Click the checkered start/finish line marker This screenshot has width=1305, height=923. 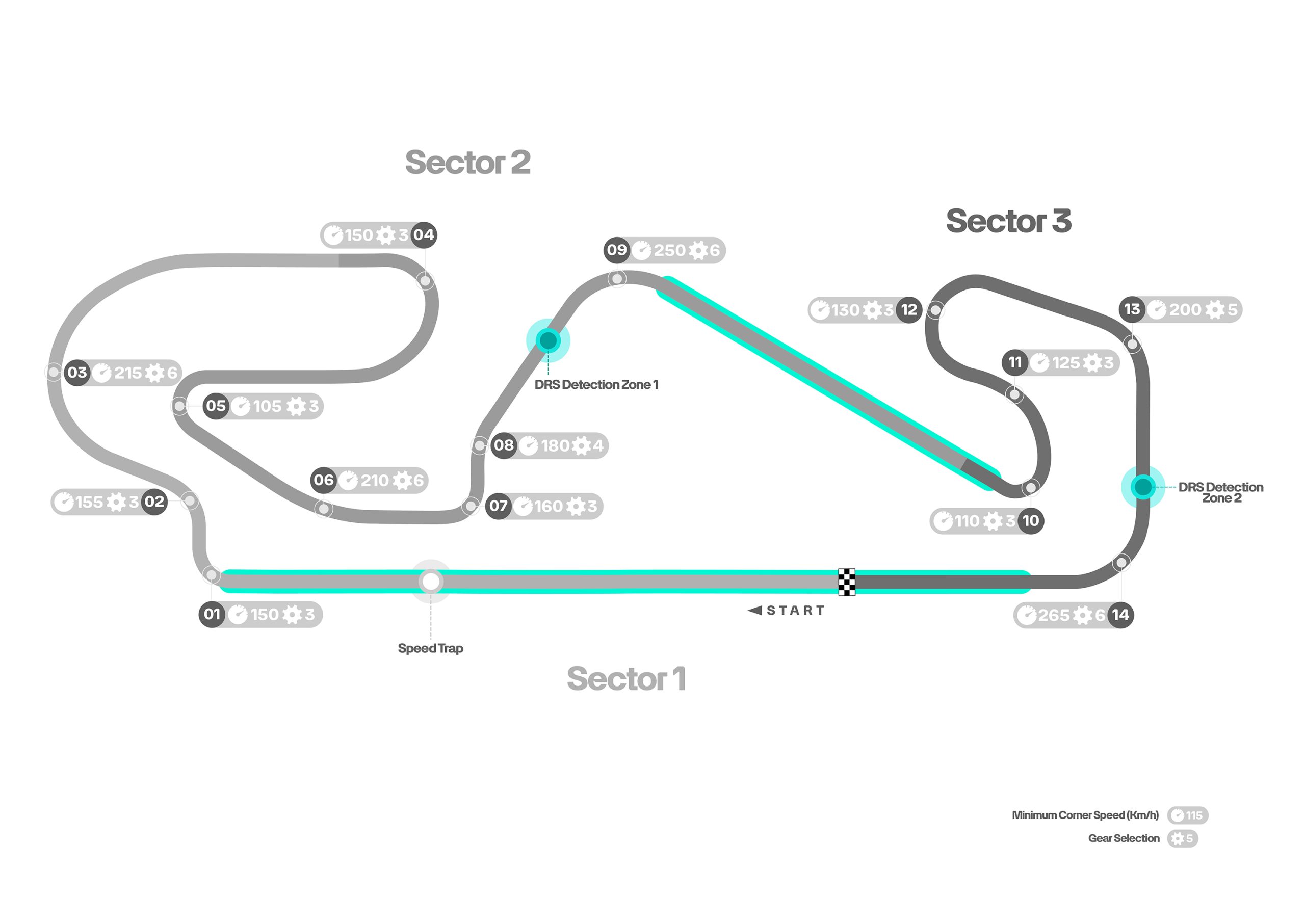[846, 582]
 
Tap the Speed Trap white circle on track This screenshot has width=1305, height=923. [431, 581]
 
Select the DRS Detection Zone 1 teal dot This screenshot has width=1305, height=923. [548, 340]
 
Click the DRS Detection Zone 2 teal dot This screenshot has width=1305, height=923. [1142, 487]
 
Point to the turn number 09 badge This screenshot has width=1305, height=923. [617, 250]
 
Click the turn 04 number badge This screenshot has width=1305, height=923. [424, 235]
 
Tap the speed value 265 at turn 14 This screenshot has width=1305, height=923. [1053, 615]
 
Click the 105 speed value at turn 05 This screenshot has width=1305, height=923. [267, 406]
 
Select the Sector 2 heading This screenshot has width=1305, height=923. [468, 163]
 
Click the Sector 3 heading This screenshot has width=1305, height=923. [1008, 221]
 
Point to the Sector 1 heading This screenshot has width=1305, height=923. [626, 678]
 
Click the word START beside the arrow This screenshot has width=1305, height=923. [795, 611]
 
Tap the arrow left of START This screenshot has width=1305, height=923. [755, 611]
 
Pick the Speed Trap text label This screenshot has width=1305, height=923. [430, 648]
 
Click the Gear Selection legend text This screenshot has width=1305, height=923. [1123, 838]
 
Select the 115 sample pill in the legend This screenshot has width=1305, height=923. [1187, 815]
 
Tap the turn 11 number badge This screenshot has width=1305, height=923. [1014, 362]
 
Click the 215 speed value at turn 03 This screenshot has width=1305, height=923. [128, 373]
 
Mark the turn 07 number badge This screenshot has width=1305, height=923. [498, 505]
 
